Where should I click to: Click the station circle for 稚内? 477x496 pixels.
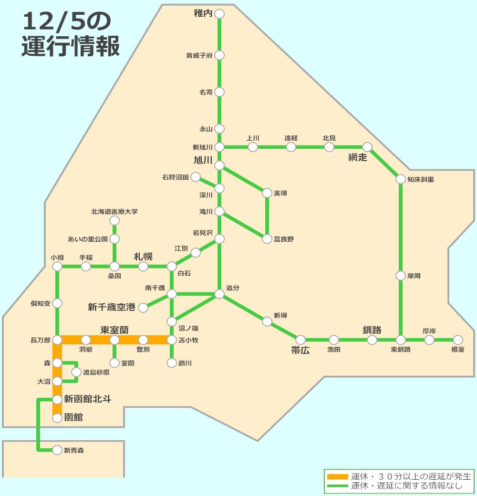[219, 14]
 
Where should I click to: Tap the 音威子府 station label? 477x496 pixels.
[198, 56]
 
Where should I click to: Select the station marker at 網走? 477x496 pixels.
[367, 147]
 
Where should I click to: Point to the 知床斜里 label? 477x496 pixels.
[421, 180]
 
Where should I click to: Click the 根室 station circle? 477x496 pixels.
[458, 340]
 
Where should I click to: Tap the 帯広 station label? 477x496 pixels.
[301, 351]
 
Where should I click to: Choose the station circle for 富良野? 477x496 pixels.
[267, 239]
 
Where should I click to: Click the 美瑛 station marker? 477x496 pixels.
[267, 193]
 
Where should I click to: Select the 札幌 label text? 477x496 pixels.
[143, 257]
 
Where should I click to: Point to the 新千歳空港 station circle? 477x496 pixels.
[143, 308]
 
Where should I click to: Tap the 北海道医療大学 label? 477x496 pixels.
[114, 211]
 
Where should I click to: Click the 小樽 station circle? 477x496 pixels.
[57, 267]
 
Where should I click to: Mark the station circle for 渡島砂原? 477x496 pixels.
[76, 372]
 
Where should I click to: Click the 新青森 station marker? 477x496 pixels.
[57, 450]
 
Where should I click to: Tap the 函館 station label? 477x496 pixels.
[73, 418]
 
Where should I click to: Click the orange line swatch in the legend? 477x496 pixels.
[337, 476]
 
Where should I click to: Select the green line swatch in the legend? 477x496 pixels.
[337, 486]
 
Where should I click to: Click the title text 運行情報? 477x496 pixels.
[71, 47]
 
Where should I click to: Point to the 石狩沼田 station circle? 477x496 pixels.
[196, 177]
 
